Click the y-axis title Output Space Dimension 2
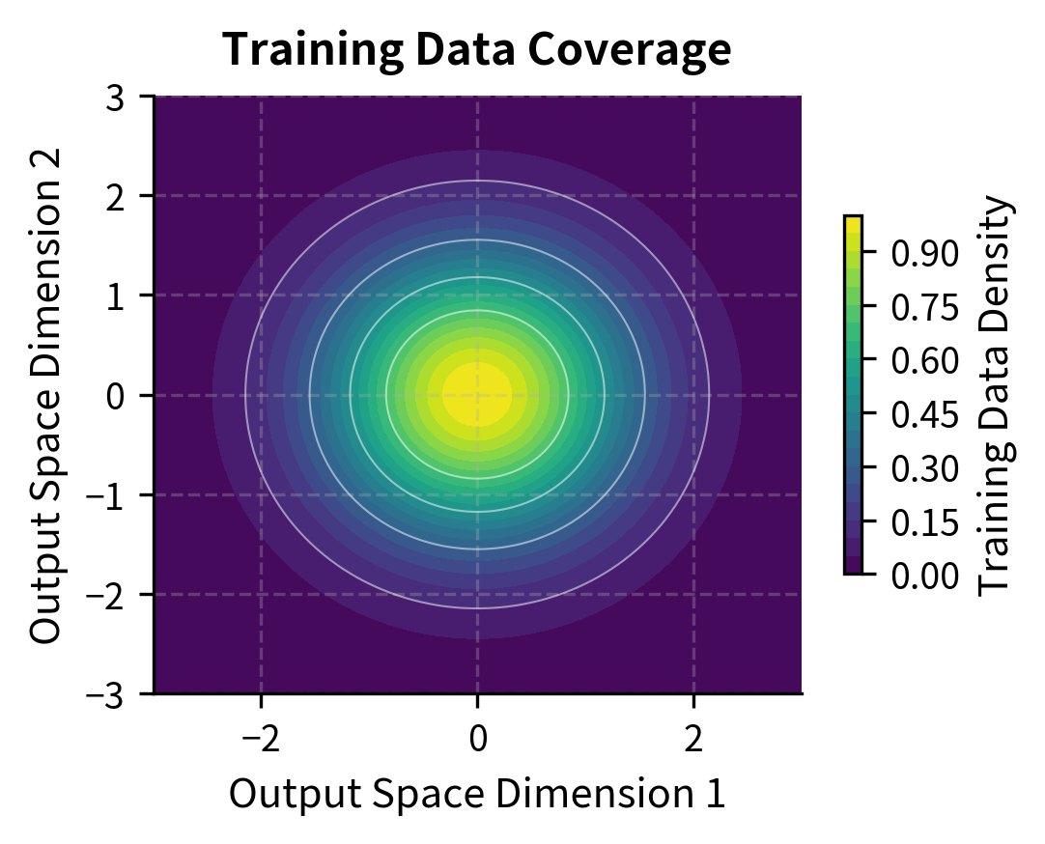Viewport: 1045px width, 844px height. (45, 395)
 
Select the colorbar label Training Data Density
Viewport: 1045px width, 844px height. (998, 395)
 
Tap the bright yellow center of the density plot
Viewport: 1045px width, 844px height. (476, 395)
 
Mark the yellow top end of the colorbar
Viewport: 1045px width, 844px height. (853, 224)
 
